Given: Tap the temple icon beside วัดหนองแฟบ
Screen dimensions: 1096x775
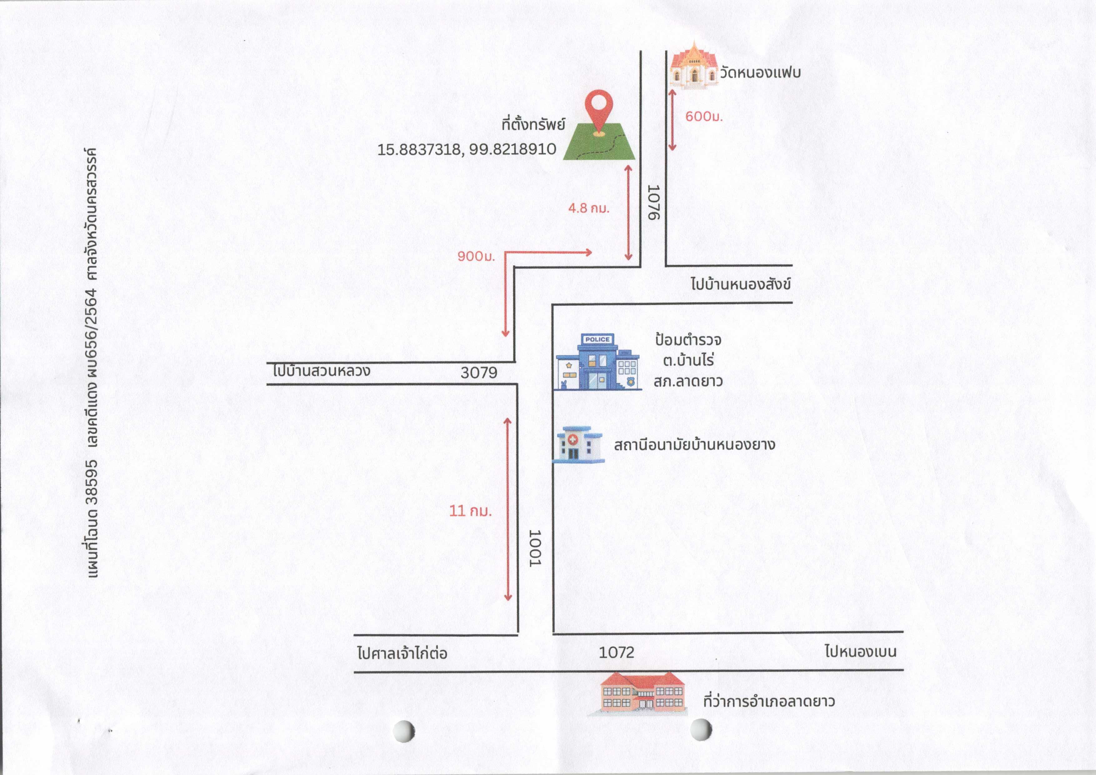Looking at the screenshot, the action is (694, 65).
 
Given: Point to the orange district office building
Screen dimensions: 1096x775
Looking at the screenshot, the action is (638, 694).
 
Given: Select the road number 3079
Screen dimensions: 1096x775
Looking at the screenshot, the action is (479, 372).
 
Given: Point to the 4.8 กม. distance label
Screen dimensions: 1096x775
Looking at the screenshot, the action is (589, 208).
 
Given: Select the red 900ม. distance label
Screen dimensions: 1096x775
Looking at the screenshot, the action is (476, 257).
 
